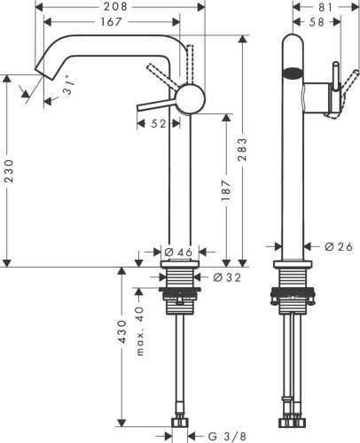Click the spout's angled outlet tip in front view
tap(41, 72)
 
